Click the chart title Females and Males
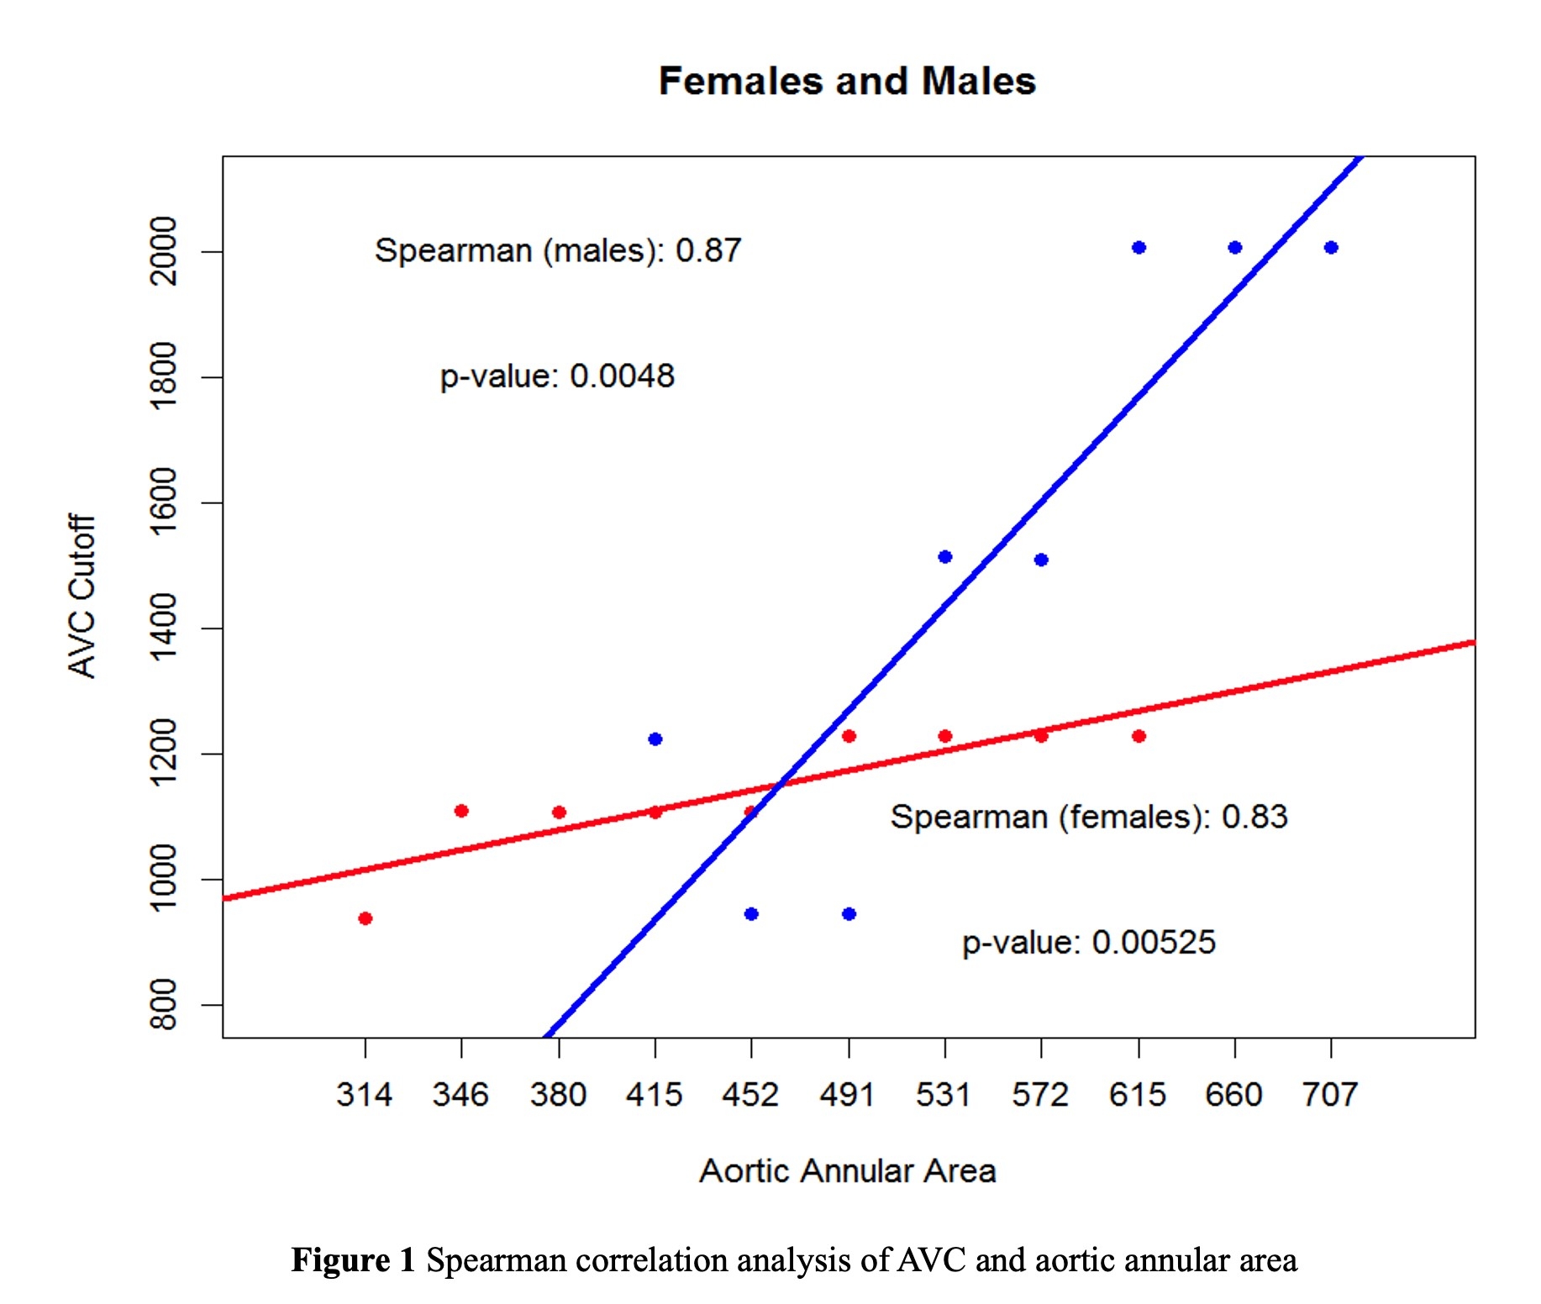point(847,81)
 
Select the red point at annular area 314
point(365,918)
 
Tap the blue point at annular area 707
point(1331,248)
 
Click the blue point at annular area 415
point(655,739)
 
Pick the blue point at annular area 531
point(945,557)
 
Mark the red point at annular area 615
point(1139,736)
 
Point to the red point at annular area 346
point(461,811)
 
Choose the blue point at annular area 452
point(751,914)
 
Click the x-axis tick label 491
point(847,1095)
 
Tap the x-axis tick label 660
point(1233,1095)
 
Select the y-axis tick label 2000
point(163,251)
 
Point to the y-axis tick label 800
point(163,1004)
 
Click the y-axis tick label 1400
point(163,628)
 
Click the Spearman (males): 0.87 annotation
point(558,250)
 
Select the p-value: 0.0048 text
point(557,376)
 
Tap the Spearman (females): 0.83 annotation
point(1089,817)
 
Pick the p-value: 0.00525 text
point(1089,942)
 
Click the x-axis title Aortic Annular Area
point(847,1170)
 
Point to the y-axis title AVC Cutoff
point(82,597)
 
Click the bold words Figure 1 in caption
point(353,1260)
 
